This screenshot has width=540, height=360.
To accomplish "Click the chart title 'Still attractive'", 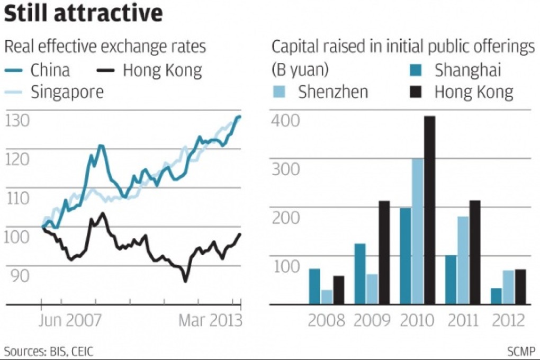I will (83, 14).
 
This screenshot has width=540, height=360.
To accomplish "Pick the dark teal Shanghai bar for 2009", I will (360, 274).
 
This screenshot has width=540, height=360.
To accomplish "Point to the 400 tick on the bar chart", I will (285, 120).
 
